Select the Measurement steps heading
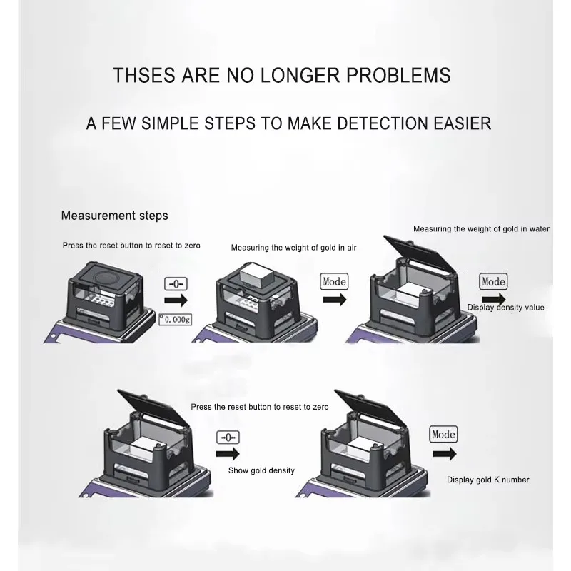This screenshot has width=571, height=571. pos(114,215)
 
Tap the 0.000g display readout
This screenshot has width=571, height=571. pos(173,322)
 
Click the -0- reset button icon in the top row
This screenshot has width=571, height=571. pos(176,283)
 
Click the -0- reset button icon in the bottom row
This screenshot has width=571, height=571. pos(228,437)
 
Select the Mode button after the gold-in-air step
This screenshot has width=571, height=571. pos(334,281)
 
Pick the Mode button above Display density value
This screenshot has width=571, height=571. pos(493,281)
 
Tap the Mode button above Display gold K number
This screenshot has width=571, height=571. pos(443,434)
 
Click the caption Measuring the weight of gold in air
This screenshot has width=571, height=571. pos(293,248)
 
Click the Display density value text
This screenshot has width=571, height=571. pos(505,308)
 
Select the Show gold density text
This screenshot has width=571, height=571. pos(261,470)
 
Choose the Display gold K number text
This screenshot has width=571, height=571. pos(488,480)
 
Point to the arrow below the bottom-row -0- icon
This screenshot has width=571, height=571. pos(227,455)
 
